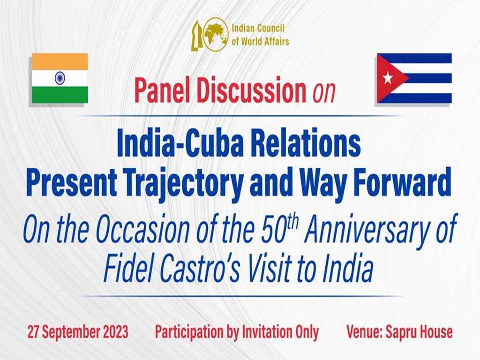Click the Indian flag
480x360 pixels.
click(60, 78)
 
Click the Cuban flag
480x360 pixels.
click(414, 78)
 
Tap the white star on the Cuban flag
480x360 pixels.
click(388, 78)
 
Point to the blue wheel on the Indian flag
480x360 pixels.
click(60, 78)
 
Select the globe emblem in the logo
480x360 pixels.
click(216, 34)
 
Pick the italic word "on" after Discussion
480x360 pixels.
click(324, 92)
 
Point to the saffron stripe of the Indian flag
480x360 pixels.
click(60, 61)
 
